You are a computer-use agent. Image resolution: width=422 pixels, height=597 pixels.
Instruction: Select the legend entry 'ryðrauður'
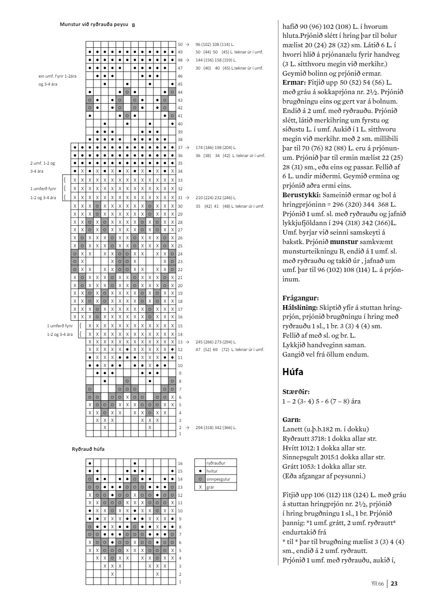pos(216,465)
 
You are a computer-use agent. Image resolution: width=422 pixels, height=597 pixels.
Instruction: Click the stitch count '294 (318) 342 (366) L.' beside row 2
pos(216,427)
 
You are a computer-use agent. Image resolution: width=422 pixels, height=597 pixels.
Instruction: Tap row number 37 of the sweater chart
pos(180,148)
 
